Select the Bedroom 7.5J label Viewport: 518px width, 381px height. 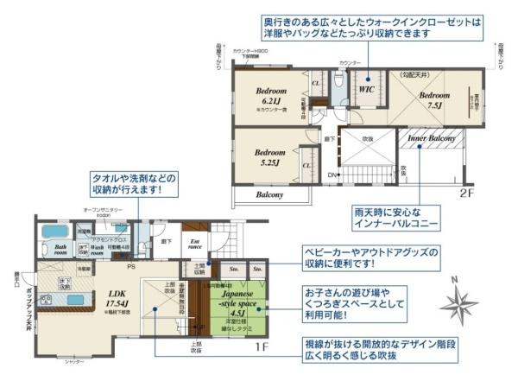pyautogui.click(x=432, y=100)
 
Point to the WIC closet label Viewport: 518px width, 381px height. pyautogui.click(x=365, y=87)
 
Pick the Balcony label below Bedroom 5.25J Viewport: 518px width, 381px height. pyautogui.click(x=269, y=195)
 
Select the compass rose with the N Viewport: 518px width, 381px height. pyautogui.click(x=458, y=303)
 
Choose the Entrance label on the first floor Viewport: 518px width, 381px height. pyautogui.click(x=195, y=244)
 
